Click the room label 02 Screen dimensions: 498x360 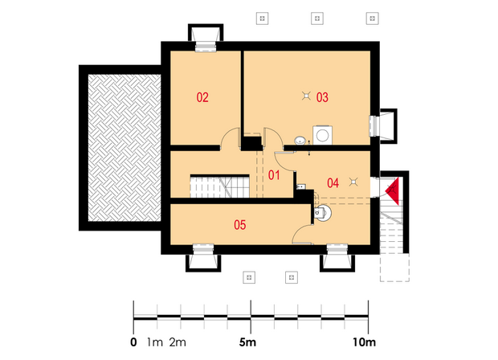pos(202,97)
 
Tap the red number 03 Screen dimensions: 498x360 pos(322,97)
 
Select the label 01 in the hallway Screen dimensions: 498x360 pos(274,175)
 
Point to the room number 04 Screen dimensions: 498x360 pos(333,183)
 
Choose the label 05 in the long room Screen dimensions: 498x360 pos(240,225)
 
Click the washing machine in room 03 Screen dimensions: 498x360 pos(323,135)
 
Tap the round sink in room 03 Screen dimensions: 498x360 pos(300,140)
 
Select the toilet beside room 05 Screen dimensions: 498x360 pos(322,213)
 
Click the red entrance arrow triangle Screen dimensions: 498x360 pos(393,190)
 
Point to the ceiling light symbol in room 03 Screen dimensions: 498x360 pos(306,96)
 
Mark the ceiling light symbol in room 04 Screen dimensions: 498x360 pos(353,182)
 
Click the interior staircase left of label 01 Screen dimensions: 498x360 pos(219,186)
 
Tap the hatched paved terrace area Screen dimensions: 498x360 pos(124,148)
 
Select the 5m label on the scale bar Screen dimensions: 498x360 pos(247,342)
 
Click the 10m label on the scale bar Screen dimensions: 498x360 pos(365,342)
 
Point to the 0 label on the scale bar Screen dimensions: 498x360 pos(133,342)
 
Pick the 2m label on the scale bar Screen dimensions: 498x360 pos(178,342)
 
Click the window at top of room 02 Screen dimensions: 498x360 pos(206,47)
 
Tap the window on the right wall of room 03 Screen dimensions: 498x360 pos(374,126)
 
